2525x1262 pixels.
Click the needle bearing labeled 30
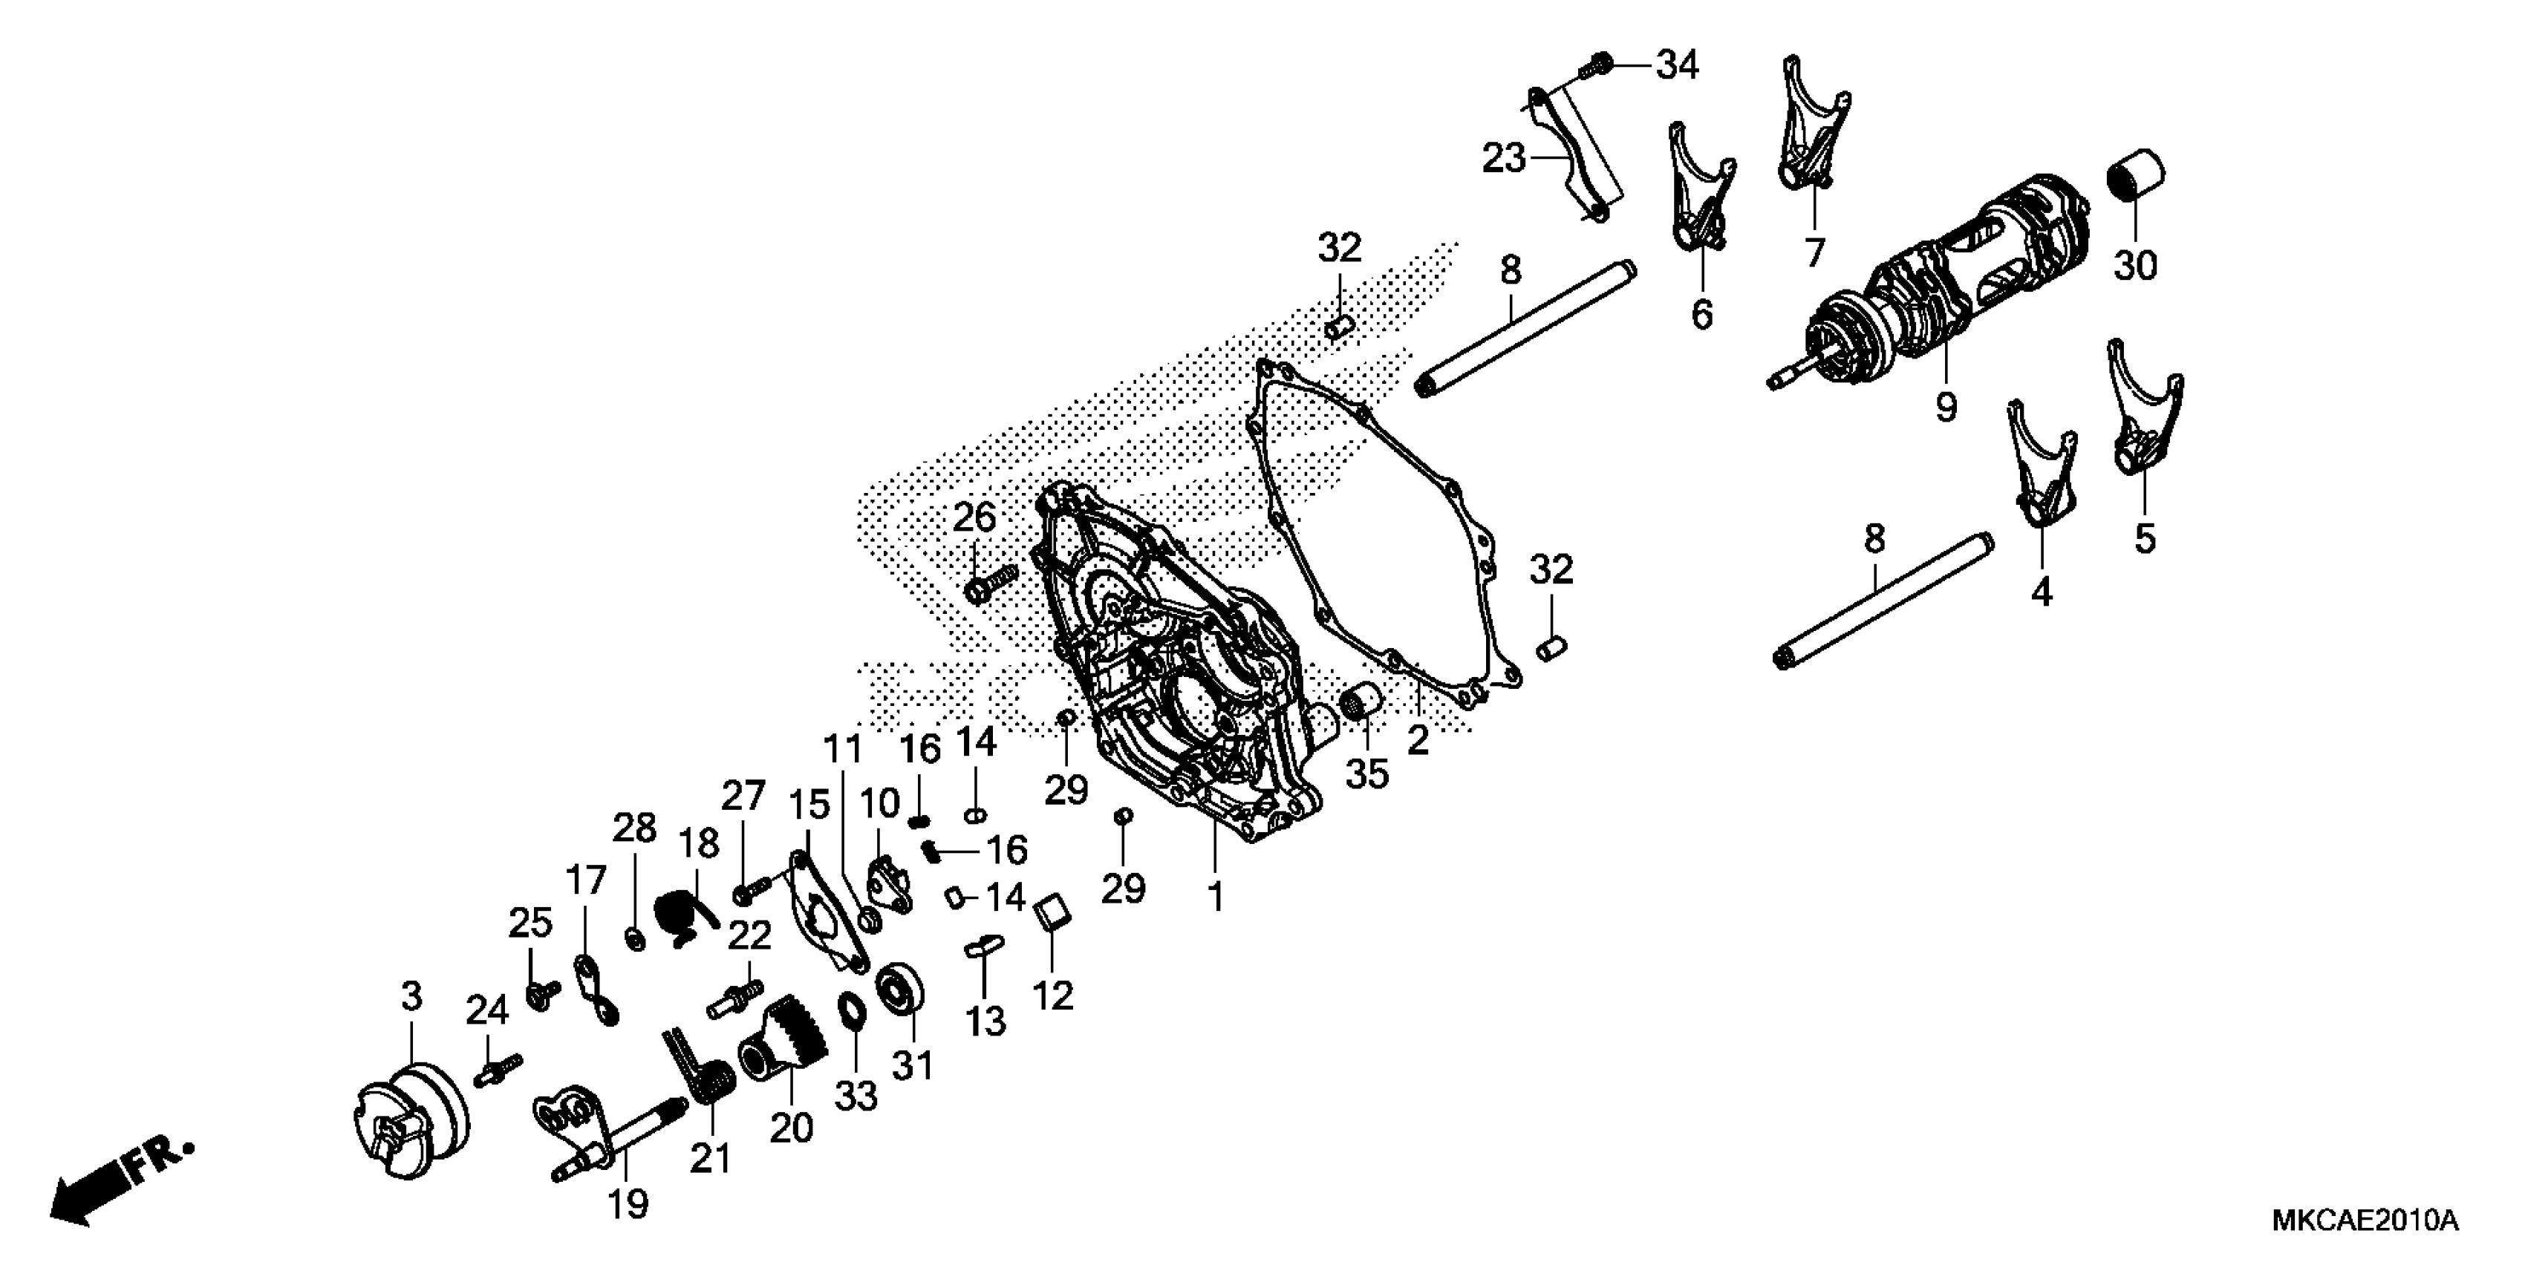tap(2135, 177)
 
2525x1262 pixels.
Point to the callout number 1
tap(1216, 897)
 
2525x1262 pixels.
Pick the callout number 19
tap(628, 1203)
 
